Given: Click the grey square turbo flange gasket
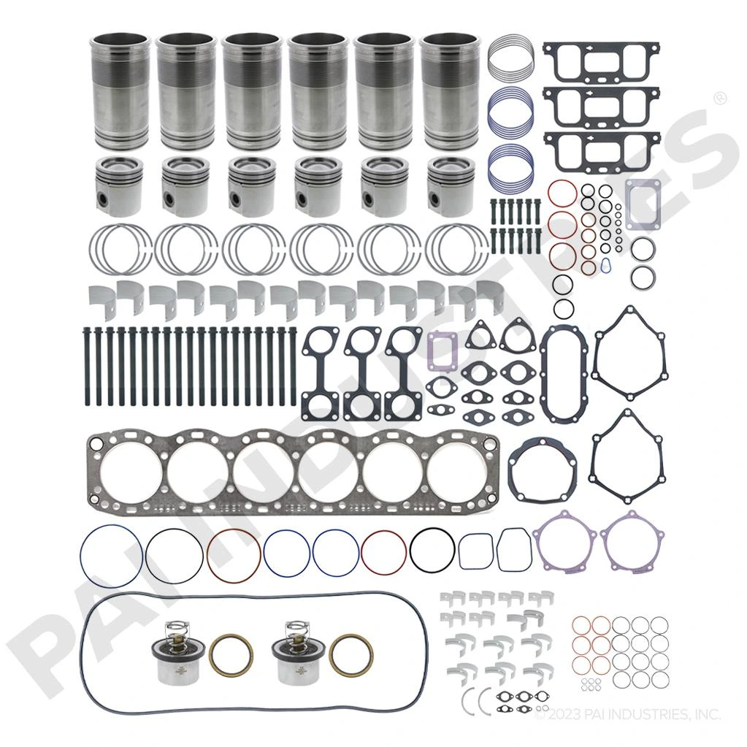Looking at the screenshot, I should pos(643,197).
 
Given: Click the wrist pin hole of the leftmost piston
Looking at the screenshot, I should pos(105,199).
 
